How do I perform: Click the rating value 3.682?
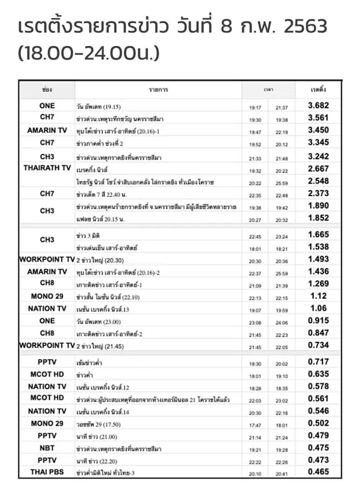point(318,106)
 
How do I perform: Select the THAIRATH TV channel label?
point(47,168)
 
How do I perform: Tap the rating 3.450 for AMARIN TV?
point(318,130)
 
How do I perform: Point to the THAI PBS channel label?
point(47,471)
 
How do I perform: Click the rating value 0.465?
point(318,471)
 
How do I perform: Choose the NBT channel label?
point(47,448)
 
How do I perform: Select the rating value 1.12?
point(318,296)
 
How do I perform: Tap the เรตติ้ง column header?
point(318,90)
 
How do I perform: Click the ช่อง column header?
point(47,90)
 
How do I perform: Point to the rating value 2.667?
point(318,168)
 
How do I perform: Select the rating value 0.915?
point(318,321)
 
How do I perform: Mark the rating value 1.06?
point(318,308)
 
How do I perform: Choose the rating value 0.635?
point(318,374)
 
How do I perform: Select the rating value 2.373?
point(318,193)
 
